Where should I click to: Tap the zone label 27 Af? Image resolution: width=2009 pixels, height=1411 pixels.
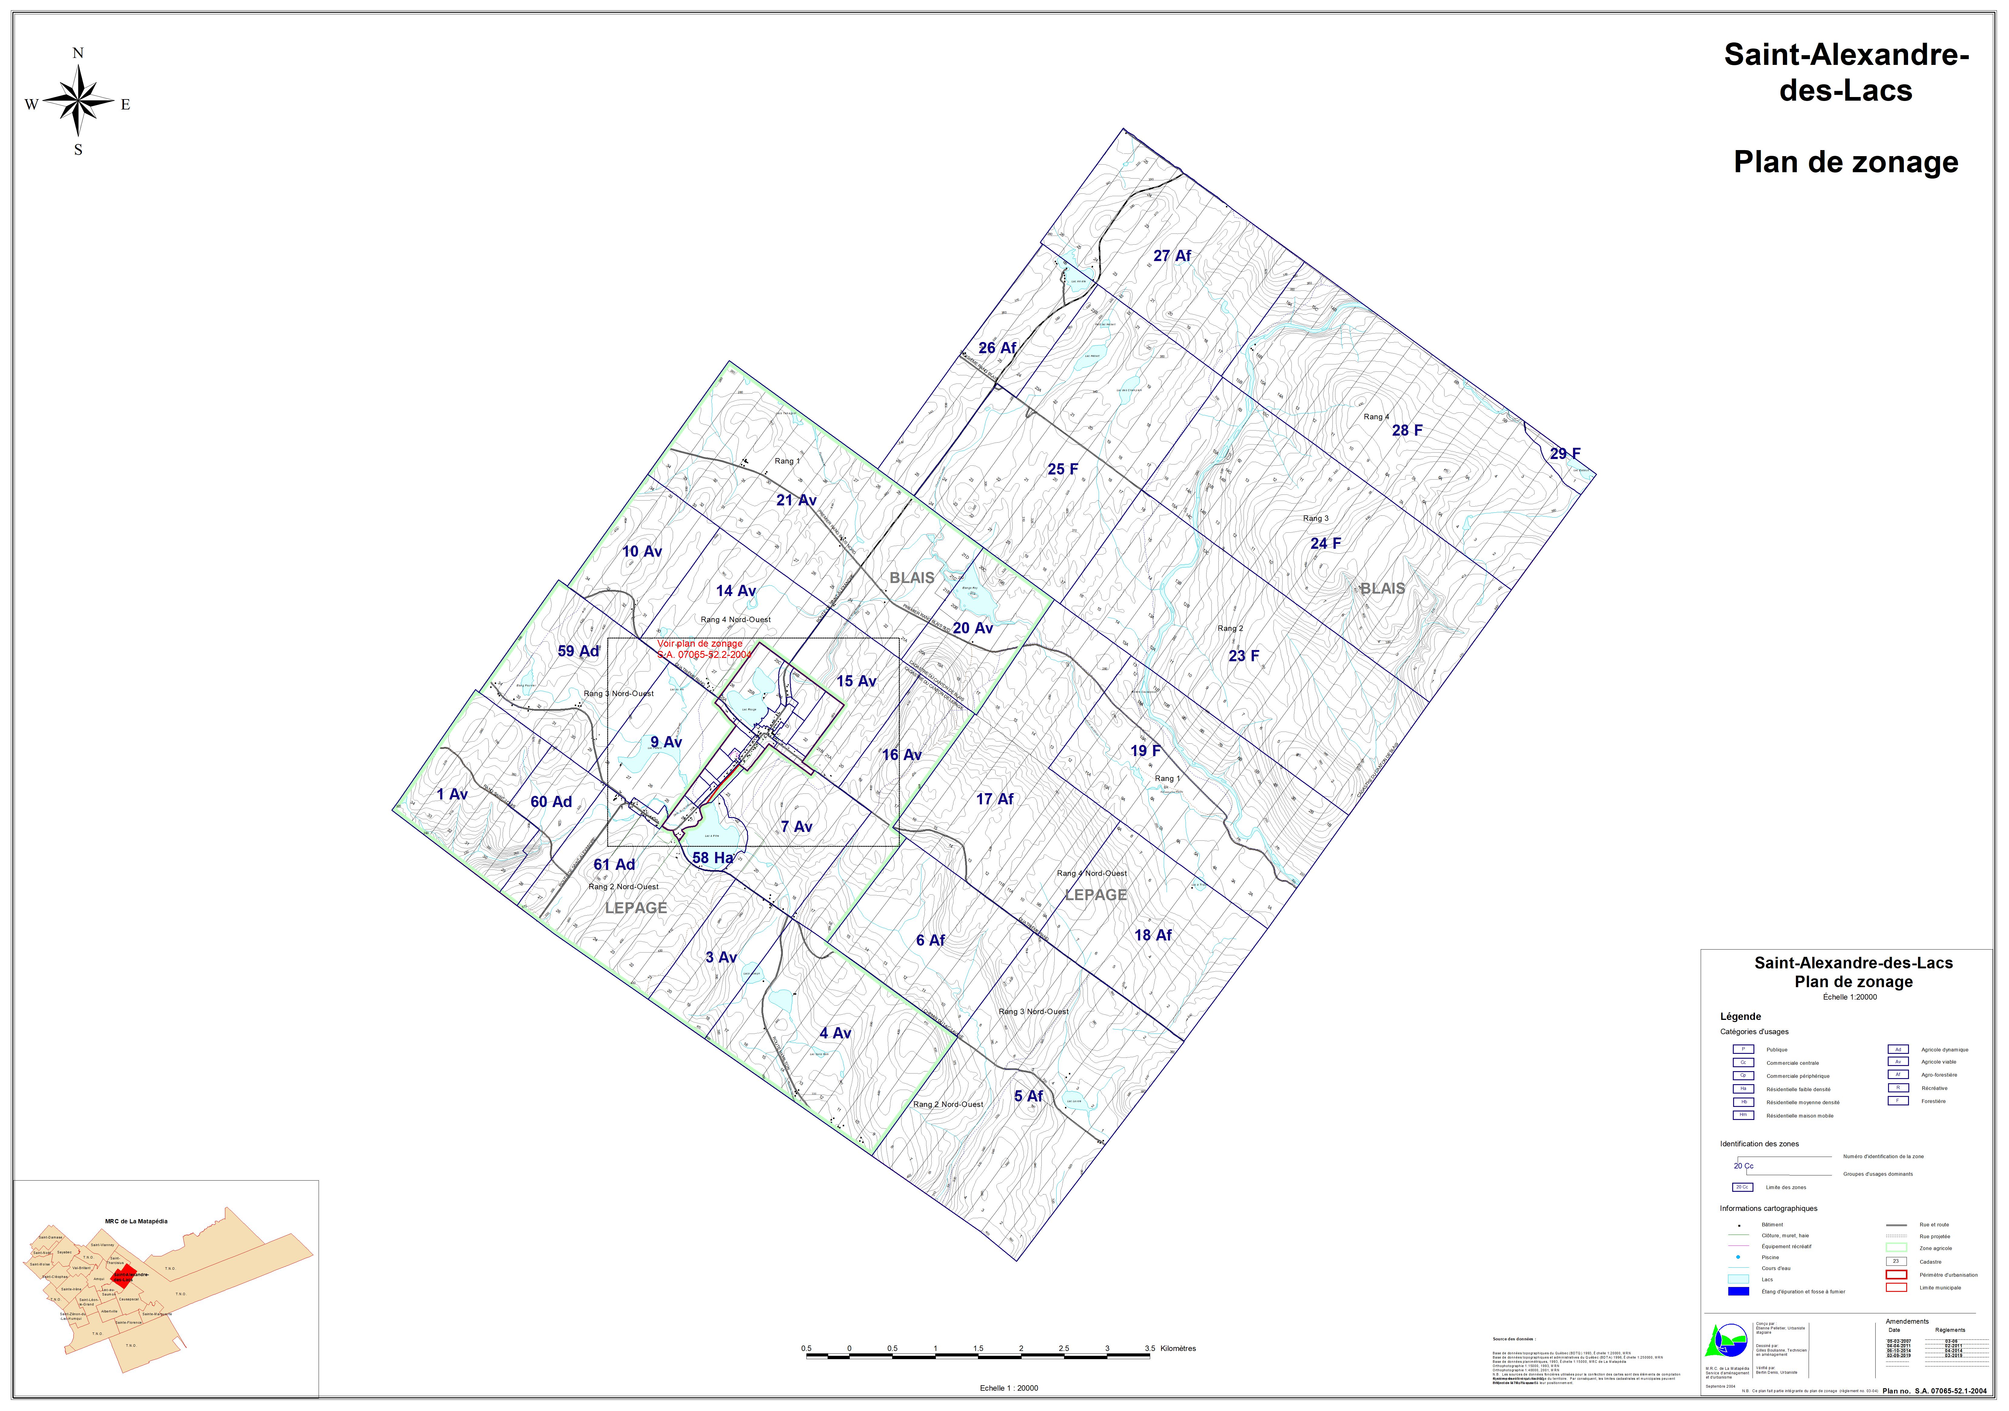click(1172, 256)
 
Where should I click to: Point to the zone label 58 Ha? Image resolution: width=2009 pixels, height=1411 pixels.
click(712, 858)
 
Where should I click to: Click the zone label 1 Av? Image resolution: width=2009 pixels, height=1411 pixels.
click(452, 794)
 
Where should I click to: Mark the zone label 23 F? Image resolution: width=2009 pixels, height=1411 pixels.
click(1243, 655)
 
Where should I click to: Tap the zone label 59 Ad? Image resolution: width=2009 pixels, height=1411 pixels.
click(578, 651)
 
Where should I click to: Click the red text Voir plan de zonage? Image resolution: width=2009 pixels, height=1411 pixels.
click(700, 643)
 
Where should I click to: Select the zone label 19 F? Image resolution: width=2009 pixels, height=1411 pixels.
click(1145, 751)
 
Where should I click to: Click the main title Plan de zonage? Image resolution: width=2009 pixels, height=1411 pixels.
click(1845, 163)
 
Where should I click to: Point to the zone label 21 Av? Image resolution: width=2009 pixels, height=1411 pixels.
click(796, 500)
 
